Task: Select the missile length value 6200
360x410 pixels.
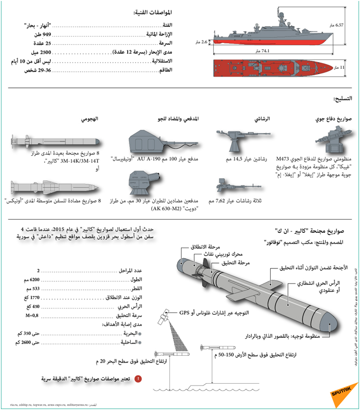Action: click(33, 280)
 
